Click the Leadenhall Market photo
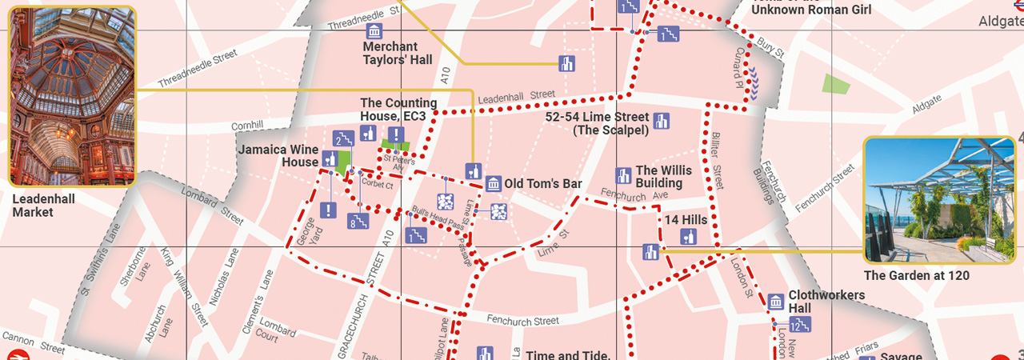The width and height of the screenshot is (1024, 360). click(x=72, y=96)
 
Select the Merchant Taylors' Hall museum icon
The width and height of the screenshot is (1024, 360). click(x=374, y=31)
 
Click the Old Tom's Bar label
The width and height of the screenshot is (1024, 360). click(x=542, y=184)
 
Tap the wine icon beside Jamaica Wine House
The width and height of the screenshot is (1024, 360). click(x=329, y=158)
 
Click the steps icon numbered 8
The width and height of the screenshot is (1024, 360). click(x=357, y=222)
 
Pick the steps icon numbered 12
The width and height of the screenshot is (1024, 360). click(x=799, y=324)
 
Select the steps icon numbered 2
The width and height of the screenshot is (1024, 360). click(x=342, y=139)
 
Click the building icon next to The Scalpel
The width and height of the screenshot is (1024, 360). click(x=661, y=122)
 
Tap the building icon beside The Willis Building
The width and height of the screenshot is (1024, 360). click(x=623, y=175)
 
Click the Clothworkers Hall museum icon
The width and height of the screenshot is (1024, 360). click(x=775, y=302)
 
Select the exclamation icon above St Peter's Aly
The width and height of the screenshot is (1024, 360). click(x=394, y=134)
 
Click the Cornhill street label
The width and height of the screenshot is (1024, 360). click(x=246, y=126)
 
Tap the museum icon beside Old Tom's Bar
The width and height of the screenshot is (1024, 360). click(x=494, y=184)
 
